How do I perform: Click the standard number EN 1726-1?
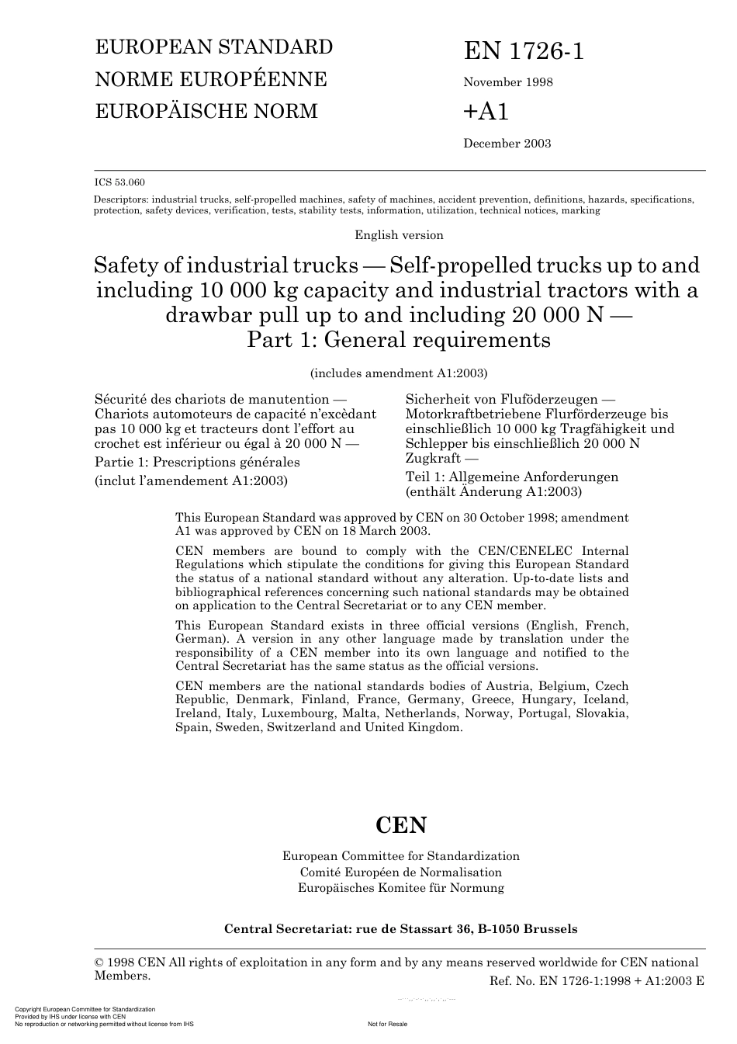tap(524, 51)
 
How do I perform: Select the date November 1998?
tap(508, 82)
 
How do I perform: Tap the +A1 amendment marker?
tap(486, 112)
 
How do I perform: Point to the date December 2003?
tap(507, 143)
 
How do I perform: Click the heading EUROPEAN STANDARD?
tap(213, 47)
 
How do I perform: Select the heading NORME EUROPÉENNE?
tap(210, 79)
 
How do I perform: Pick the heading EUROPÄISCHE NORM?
tap(206, 111)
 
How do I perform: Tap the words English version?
tap(399, 235)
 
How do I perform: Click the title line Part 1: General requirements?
tap(398, 340)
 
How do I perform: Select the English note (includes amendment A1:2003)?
tap(399, 373)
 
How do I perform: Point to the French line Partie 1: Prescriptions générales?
tap(197, 462)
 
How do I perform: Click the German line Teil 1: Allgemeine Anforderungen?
tap(512, 477)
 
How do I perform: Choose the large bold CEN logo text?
tap(401, 824)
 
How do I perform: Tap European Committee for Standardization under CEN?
tap(400, 855)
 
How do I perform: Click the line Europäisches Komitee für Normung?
tap(400, 887)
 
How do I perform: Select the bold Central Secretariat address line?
tap(400, 928)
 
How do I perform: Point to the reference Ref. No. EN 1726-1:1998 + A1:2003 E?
tap(597, 980)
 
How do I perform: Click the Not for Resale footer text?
tap(387, 1024)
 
